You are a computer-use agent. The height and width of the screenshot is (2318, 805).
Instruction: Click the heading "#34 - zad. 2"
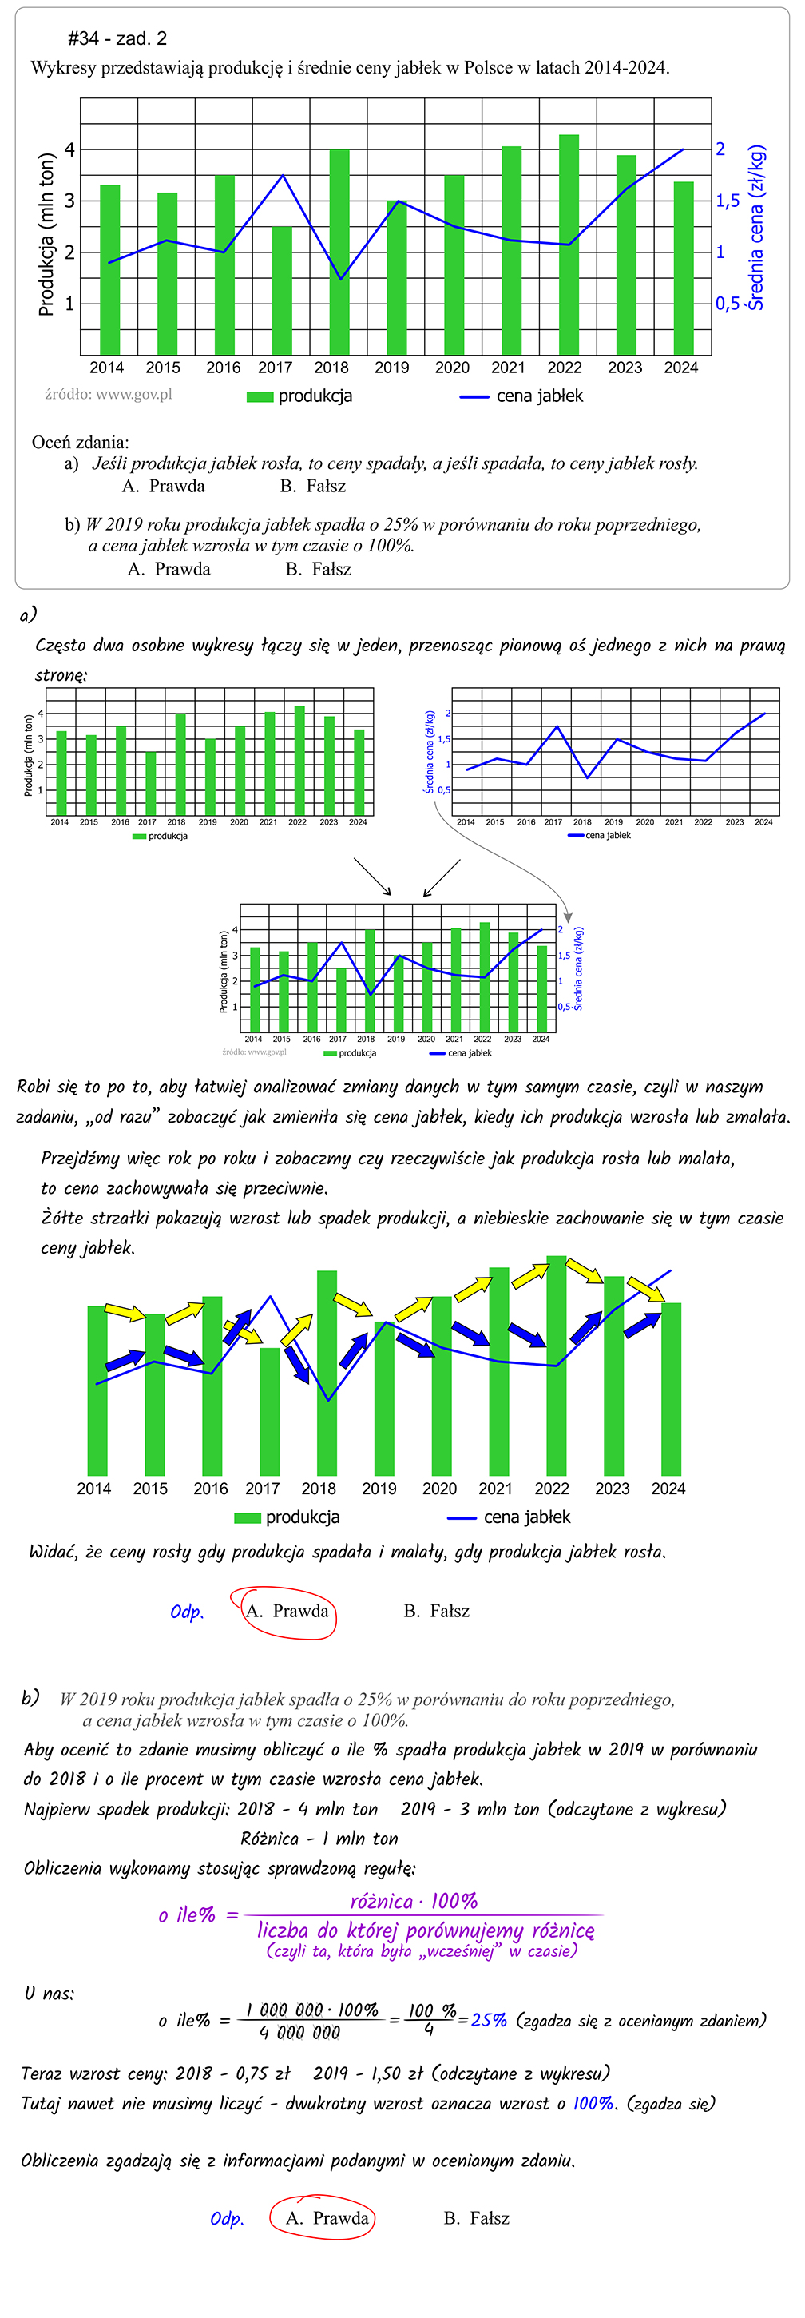pyautogui.click(x=117, y=38)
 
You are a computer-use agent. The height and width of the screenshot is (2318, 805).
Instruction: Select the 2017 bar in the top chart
pyautogui.click(x=282, y=290)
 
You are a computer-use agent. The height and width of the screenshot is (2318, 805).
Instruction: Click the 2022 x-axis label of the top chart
pyautogui.click(x=564, y=367)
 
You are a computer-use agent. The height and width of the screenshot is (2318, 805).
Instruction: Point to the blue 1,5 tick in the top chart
pyautogui.click(x=727, y=201)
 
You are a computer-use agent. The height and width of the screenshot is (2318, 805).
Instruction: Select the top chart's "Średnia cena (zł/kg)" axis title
pyautogui.click(x=756, y=227)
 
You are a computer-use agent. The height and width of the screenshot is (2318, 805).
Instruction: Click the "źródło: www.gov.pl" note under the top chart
pyautogui.click(x=108, y=394)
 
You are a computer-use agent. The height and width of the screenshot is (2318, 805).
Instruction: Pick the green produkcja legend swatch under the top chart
pyautogui.click(x=260, y=397)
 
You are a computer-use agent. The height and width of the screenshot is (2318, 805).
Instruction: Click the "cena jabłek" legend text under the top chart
pyautogui.click(x=540, y=396)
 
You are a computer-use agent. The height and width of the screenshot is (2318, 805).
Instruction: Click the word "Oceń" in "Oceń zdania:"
pyautogui.click(x=50, y=442)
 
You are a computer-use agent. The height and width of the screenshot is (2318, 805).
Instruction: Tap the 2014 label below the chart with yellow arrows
pyautogui.click(x=93, y=1489)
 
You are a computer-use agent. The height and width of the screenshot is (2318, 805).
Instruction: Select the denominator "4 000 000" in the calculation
pyautogui.click(x=299, y=2032)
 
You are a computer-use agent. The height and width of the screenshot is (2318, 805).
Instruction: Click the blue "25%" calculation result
pyautogui.click(x=490, y=2020)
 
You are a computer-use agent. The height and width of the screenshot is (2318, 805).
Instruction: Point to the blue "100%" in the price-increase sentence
pyautogui.click(x=593, y=2104)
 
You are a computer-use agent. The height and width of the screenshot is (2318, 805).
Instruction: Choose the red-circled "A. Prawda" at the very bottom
pyautogui.click(x=327, y=2218)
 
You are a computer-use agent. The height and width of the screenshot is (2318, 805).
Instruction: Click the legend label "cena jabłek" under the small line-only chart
pyautogui.click(x=608, y=835)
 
